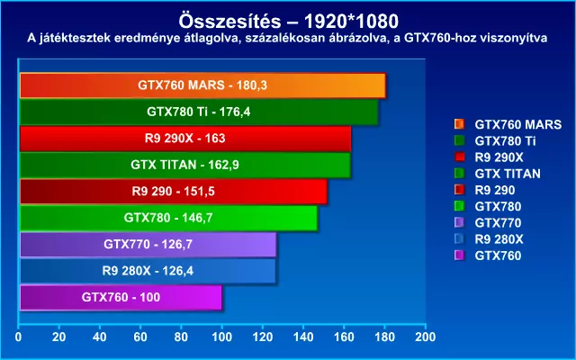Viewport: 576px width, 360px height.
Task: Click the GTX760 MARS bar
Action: pos(202,86)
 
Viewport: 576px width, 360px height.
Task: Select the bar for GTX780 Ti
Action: pos(198,113)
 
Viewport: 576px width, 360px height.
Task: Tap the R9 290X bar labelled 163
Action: pos(184,139)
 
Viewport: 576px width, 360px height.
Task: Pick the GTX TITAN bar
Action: pos(184,166)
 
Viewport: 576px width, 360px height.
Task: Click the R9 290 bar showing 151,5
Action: pos(173,192)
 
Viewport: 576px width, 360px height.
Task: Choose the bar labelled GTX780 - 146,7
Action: pos(168,218)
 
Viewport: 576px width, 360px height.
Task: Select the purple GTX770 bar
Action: pos(148,244)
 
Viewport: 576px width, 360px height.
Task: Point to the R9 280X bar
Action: pos(148,270)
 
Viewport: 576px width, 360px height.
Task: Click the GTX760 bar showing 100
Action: pos(120,296)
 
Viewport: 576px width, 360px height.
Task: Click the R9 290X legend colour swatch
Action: pos(460,157)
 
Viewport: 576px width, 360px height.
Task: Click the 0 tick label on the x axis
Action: pos(19,337)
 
